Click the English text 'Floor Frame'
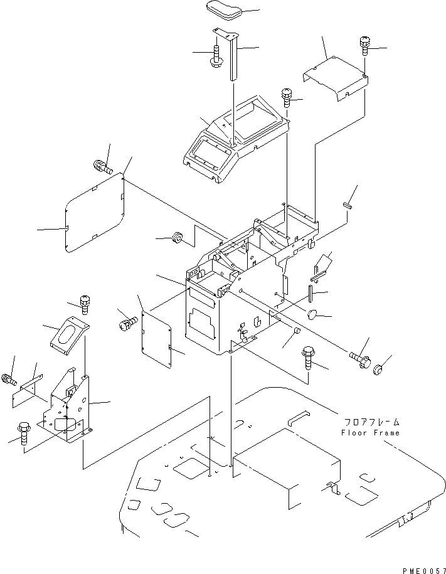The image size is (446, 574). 370,433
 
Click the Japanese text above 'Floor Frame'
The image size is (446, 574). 371,422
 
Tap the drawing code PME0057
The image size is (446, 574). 424,570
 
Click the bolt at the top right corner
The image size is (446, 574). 364,45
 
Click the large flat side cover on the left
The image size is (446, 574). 95,213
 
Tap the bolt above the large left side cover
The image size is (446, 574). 102,167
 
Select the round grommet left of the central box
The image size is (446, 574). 178,237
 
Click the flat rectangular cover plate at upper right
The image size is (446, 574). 336,78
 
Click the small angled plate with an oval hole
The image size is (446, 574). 70,336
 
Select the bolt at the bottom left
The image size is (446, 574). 24,433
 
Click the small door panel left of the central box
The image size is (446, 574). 156,339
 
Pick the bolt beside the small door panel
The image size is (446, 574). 128,322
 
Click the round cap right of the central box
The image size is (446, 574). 312,314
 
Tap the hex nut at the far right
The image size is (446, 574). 378,369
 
